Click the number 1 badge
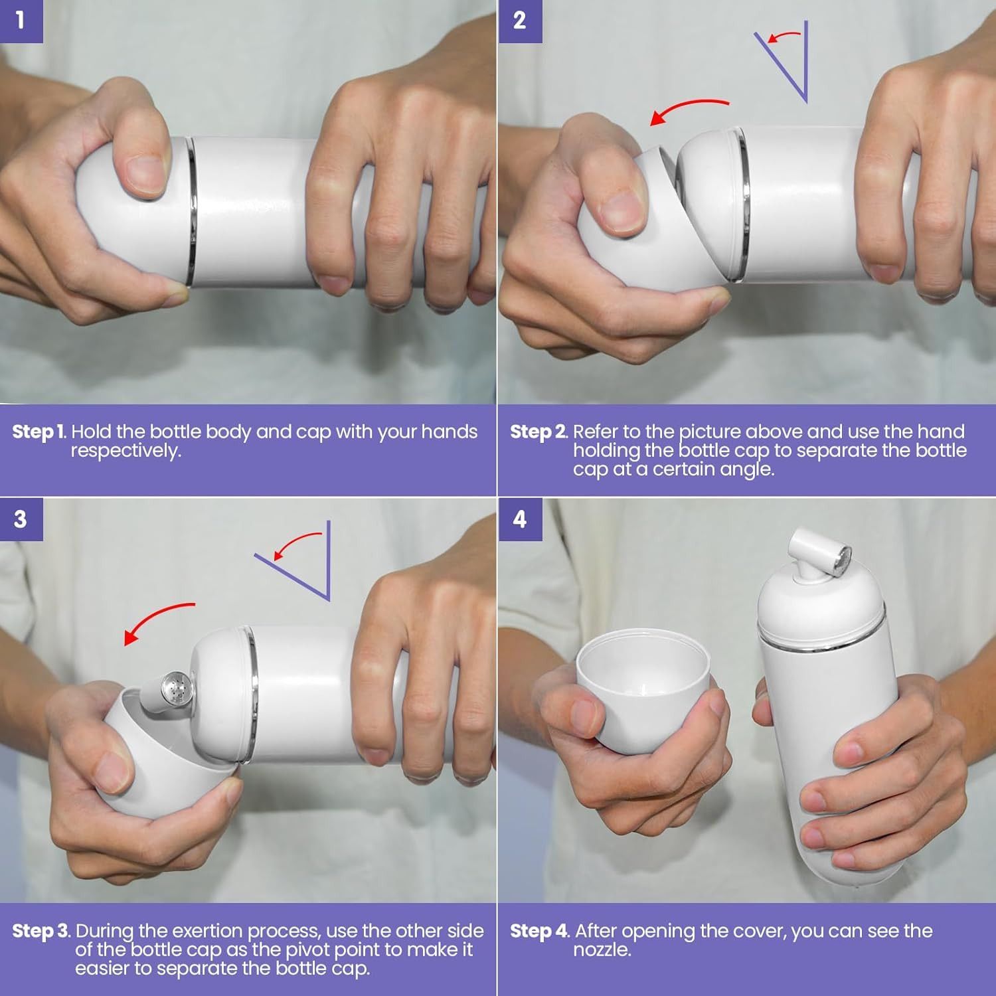(21, 21)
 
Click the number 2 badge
(520, 21)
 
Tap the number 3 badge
(21, 519)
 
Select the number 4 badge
(520, 519)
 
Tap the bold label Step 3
(41, 931)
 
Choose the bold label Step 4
(539, 931)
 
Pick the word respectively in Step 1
(125, 452)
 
